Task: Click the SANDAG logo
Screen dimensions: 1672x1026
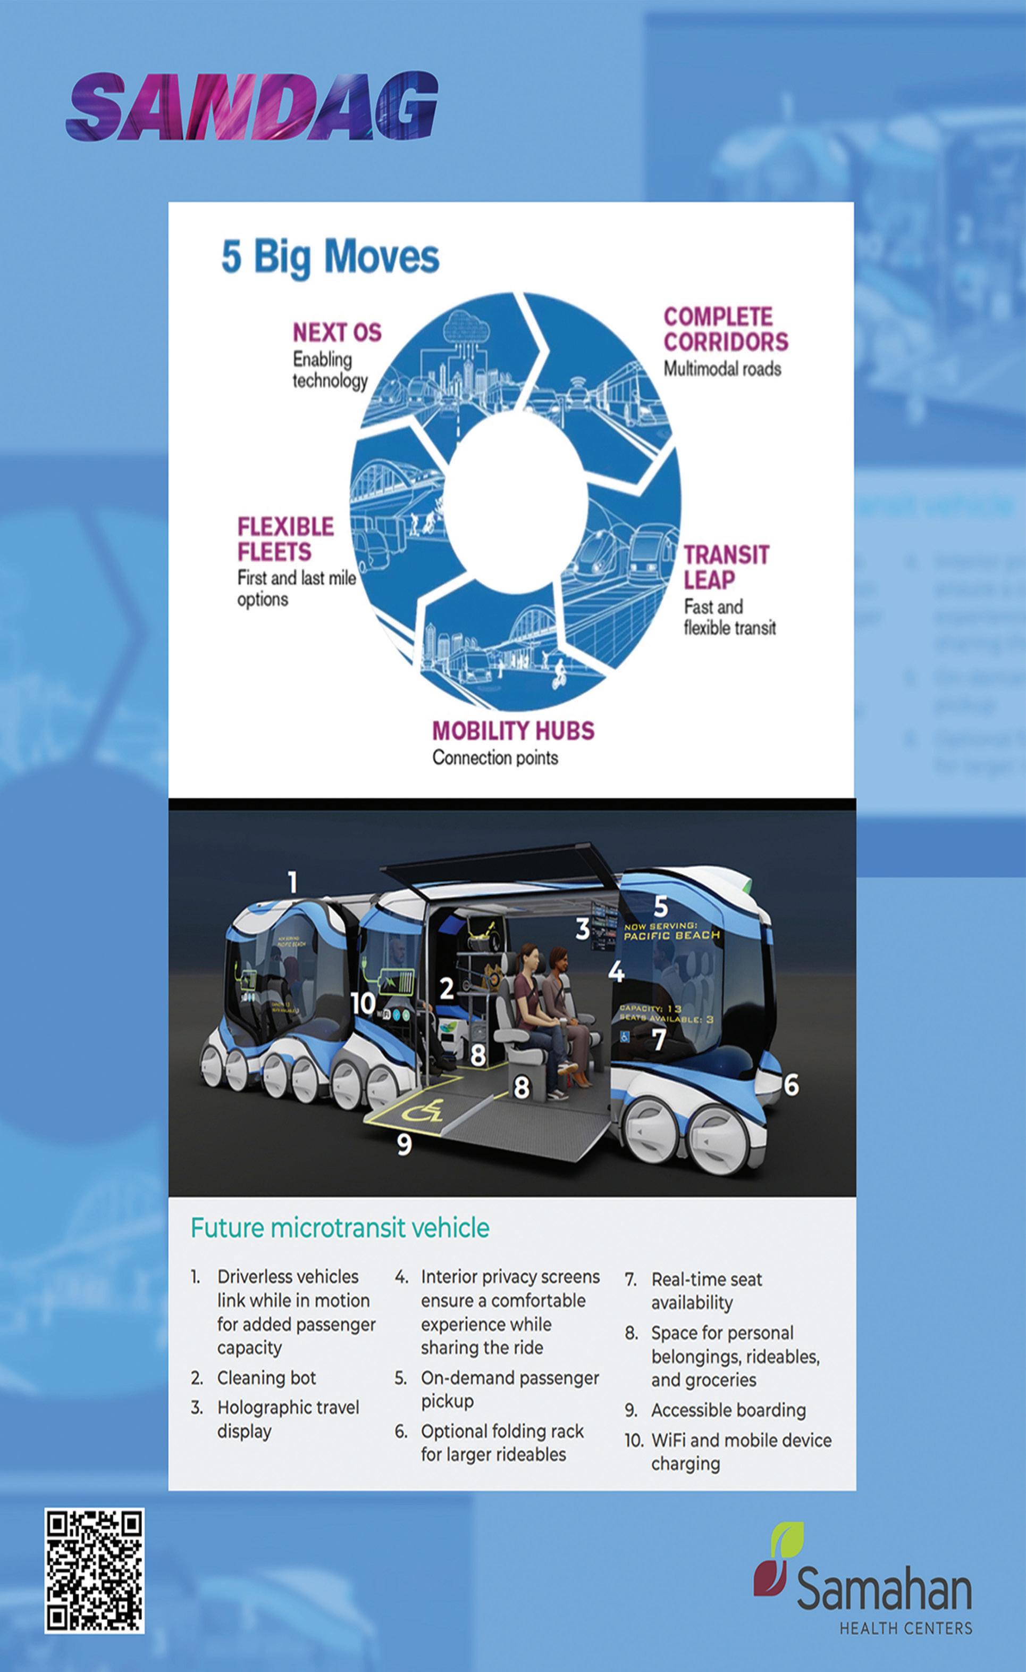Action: (251, 107)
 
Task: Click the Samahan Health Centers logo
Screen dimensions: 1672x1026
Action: (863, 1584)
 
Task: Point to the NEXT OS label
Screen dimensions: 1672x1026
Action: (337, 332)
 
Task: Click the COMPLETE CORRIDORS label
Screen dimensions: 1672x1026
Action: (726, 329)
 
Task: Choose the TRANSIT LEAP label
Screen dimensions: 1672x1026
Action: (726, 567)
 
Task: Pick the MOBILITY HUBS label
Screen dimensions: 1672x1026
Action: (513, 730)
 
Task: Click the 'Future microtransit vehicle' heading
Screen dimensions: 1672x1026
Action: (339, 1228)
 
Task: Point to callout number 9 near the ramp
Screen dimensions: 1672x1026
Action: (403, 1144)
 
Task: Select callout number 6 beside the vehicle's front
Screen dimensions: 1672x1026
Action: (791, 1085)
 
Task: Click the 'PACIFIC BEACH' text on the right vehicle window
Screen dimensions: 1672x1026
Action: (672, 935)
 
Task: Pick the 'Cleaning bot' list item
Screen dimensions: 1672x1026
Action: (266, 1377)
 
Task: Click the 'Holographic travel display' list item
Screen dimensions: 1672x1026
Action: (287, 1419)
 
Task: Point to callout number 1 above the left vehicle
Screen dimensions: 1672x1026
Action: (292, 883)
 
